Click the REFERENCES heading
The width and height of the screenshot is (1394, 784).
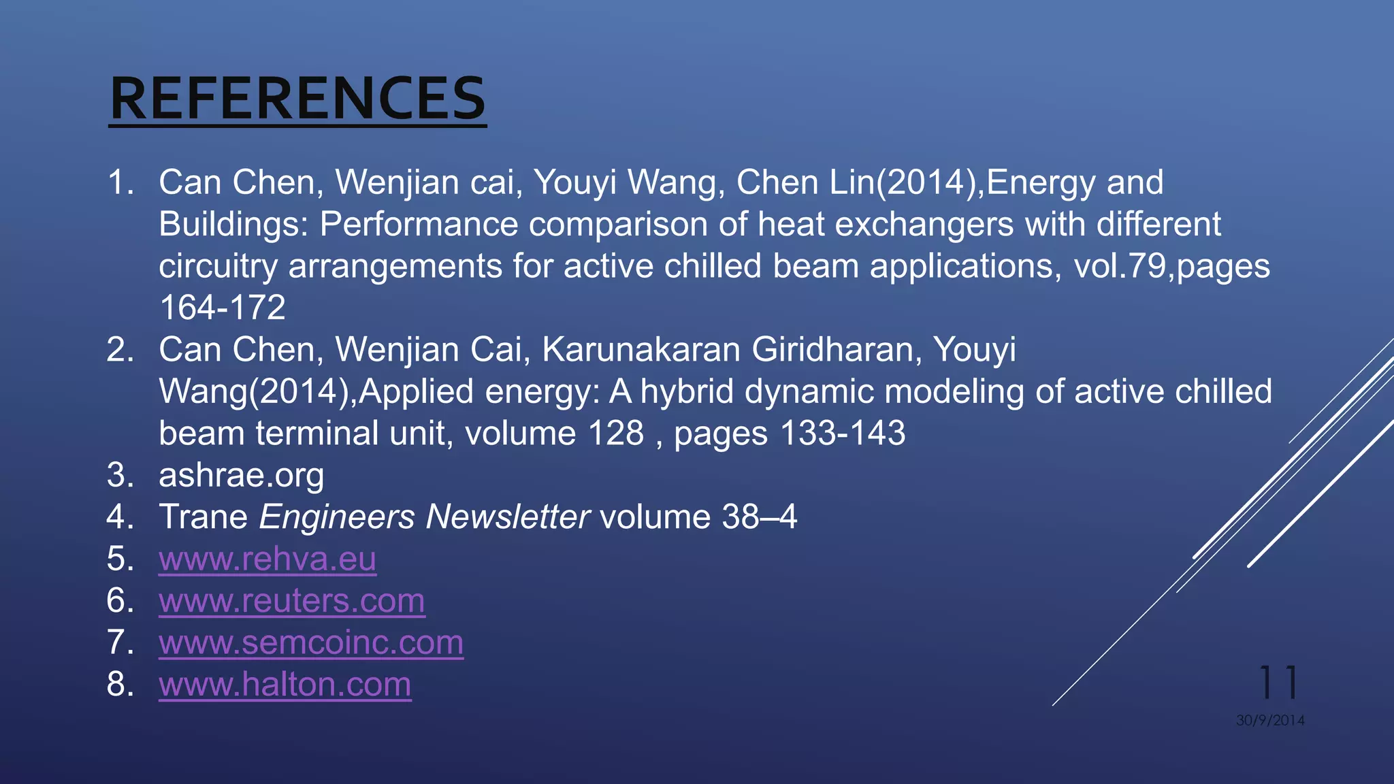click(x=297, y=99)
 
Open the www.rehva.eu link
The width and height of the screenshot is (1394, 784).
click(x=268, y=559)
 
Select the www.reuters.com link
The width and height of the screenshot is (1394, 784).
click(x=292, y=601)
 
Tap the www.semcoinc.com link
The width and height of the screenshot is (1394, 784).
click(x=311, y=643)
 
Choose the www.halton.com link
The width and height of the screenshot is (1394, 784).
click(x=285, y=685)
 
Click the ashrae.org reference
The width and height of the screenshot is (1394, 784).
click(x=242, y=476)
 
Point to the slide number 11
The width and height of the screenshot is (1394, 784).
click(x=1279, y=683)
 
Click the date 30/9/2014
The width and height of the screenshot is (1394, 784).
click(x=1270, y=720)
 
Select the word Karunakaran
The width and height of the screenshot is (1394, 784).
click(x=641, y=350)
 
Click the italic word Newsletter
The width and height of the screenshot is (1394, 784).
click(x=507, y=517)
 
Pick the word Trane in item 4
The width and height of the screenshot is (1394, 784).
click(x=203, y=517)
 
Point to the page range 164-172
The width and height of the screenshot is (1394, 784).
click(x=223, y=308)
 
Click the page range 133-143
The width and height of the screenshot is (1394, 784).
click(x=843, y=434)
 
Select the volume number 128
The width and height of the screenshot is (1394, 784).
click(x=616, y=434)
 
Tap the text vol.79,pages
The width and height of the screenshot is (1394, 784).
click(x=1171, y=266)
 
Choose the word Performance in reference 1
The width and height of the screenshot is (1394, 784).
click(x=419, y=225)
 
